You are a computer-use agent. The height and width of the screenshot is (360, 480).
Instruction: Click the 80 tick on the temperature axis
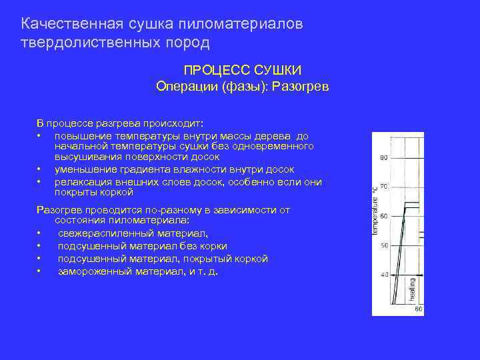[x=383, y=158]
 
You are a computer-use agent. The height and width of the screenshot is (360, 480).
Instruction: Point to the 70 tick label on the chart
[x=383, y=187]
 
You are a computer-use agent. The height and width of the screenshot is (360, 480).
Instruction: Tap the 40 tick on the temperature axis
[x=383, y=275]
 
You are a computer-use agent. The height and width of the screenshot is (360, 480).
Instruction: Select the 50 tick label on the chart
[x=383, y=246]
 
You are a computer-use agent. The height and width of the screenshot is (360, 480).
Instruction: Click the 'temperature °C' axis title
[x=375, y=211]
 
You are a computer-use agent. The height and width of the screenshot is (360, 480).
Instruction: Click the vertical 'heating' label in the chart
[x=412, y=290]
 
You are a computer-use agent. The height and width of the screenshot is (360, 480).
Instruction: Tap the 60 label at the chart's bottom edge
[x=418, y=309]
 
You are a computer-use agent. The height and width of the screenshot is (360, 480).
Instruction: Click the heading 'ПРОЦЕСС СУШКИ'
[x=243, y=70]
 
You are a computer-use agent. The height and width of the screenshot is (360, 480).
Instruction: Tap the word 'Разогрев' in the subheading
[x=302, y=87]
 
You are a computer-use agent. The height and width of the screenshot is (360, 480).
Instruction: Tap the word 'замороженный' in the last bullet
[x=92, y=271]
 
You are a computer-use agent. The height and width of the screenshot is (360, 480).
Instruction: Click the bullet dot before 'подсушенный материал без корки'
[x=40, y=246]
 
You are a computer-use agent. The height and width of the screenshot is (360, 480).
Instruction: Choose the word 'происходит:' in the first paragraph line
[x=174, y=123]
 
